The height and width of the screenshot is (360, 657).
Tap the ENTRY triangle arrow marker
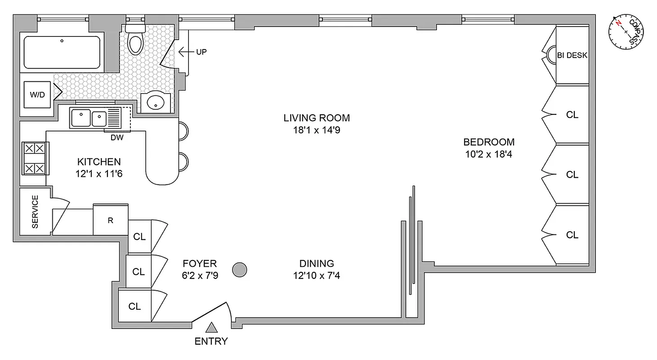(211, 328)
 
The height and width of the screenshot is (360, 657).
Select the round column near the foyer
(240, 270)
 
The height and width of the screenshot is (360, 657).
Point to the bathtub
(62, 52)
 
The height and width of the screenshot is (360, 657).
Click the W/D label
(37, 94)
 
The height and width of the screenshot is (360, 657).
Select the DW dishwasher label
(117, 138)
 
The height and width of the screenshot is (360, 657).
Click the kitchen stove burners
(34, 158)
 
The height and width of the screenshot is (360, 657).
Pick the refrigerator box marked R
(111, 220)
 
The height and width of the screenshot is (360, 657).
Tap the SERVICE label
(35, 211)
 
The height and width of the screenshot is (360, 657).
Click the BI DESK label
(572, 55)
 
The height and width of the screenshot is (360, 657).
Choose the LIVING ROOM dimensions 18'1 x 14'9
(316, 130)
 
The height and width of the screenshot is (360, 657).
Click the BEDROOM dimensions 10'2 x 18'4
(489, 154)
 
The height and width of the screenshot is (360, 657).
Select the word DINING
(317, 263)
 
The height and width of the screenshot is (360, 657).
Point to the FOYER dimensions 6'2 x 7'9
(200, 275)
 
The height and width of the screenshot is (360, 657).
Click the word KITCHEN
(99, 162)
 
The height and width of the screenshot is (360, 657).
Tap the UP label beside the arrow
(201, 52)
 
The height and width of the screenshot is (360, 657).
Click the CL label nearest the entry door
(134, 306)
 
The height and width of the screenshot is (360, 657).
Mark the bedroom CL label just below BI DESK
(572, 115)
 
